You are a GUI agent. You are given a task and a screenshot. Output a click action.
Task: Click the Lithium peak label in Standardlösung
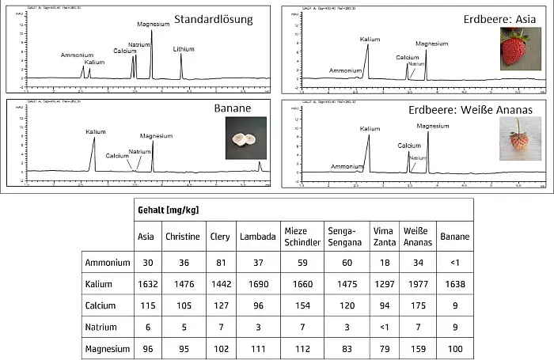[184, 48]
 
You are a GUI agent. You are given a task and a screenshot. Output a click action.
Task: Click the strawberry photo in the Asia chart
[514, 48]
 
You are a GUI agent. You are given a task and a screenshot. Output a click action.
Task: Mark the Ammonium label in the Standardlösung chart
[77, 55]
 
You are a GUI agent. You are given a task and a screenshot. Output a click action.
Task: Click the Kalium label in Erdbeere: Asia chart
[370, 39]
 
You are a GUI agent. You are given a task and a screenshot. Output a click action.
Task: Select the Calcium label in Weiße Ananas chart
[409, 146]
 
